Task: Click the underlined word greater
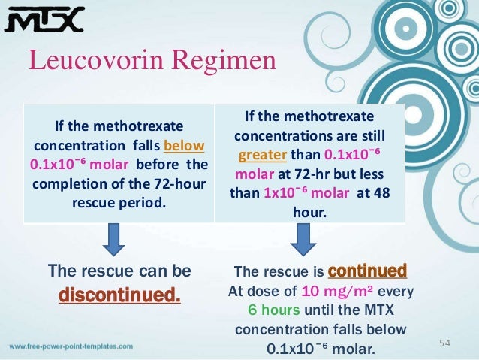[x=264, y=156]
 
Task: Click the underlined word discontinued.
[x=120, y=292]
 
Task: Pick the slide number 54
[x=444, y=343]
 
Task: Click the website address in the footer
[x=71, y=347]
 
